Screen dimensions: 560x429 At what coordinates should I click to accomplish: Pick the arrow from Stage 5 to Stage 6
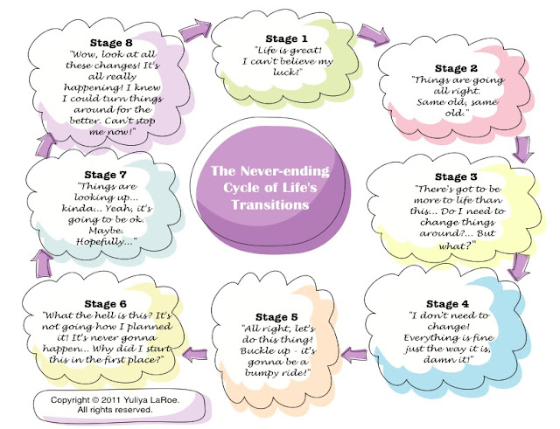[x=199, y=356]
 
